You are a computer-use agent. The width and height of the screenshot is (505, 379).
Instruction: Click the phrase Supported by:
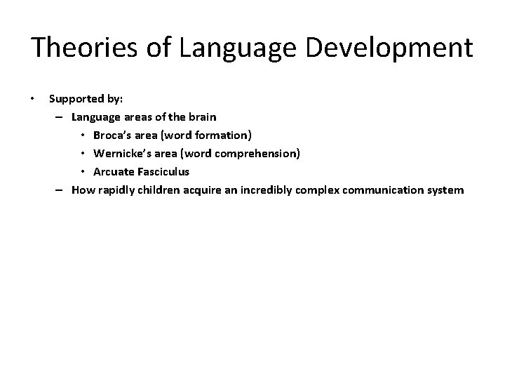pos(86,98)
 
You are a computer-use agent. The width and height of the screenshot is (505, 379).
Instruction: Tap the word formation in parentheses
pos(223,135)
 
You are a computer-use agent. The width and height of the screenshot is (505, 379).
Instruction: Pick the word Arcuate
pos(114,171)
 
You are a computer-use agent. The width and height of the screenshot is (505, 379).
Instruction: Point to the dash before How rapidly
pos(60,189)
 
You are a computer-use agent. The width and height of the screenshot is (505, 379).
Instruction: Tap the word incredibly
pos(269,189)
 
